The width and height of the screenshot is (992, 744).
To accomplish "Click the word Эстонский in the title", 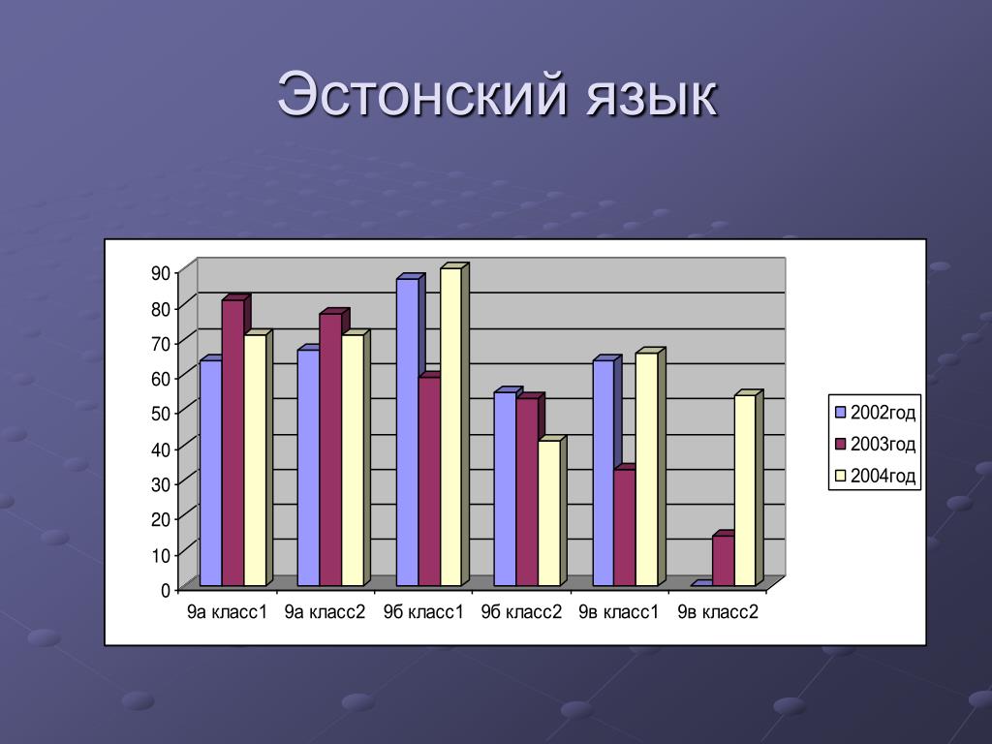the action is (421, 95).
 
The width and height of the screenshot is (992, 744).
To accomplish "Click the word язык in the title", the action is (652, 99).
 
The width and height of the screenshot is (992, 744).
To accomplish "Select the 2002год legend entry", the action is (875, 413).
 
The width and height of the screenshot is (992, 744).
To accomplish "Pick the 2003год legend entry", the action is (875, 444).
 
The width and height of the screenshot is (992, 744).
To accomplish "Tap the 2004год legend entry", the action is (875, 476).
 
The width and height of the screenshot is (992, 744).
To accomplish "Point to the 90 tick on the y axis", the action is (161, 272).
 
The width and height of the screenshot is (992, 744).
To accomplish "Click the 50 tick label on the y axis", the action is (161, 414).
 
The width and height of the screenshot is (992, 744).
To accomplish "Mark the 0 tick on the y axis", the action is (166, 590).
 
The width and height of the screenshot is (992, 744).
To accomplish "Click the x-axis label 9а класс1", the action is (227, 612).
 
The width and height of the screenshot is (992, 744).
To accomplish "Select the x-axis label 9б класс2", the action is (521, 612).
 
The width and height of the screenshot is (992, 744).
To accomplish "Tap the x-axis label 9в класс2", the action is (718, 612).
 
